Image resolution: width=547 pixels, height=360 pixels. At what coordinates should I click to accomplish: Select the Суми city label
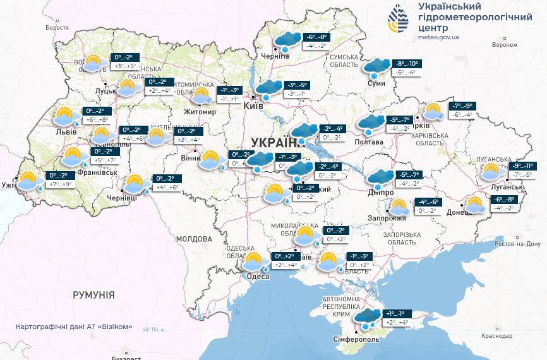(x=376, y=83)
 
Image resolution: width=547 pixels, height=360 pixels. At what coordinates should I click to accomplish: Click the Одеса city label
(x=258, y=277)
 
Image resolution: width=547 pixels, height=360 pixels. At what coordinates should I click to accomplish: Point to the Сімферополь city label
(x=358, y=339)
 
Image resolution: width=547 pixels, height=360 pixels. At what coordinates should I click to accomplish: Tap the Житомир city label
(x=200, y=112)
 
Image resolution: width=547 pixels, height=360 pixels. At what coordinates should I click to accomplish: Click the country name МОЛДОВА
(x=194, y=239)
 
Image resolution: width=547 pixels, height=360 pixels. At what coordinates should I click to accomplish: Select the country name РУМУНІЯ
(x=93, y=295)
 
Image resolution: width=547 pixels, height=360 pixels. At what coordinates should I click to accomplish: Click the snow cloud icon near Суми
(x=376, y=66)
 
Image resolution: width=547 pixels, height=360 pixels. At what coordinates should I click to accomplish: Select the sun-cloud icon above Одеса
(x=255, y=261)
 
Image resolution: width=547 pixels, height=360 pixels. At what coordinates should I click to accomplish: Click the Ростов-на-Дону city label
(x=517, y=244)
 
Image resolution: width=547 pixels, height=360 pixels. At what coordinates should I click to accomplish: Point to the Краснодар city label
(x=496, y=336)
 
